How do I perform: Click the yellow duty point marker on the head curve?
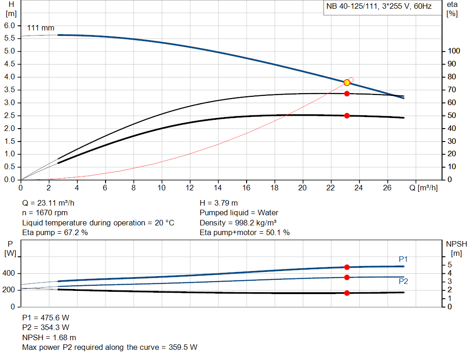tap(347, 83)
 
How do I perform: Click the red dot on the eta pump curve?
tap(347, 94)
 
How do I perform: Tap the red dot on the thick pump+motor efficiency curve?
tap(347, 116)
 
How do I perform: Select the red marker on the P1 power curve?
tap(347, 267)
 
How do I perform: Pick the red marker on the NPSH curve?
tap(347, 293)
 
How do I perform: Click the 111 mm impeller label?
tap(41, 28)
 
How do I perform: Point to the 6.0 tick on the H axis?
tap(10, 25)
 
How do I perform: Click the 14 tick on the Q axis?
tap(218, 188)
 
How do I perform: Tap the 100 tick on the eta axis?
tap(454, 51)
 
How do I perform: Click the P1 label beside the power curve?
tap(403, 259)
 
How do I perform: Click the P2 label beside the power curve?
tap(403, 281)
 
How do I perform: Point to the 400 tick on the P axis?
tap(9, 273)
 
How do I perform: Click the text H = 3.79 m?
tap(218, 203)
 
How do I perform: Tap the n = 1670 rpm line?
tap(45, 213)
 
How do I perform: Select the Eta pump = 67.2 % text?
tap(55, 233)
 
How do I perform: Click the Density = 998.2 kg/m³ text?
tap(238, 223)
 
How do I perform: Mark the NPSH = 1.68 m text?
tap(49, 337)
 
